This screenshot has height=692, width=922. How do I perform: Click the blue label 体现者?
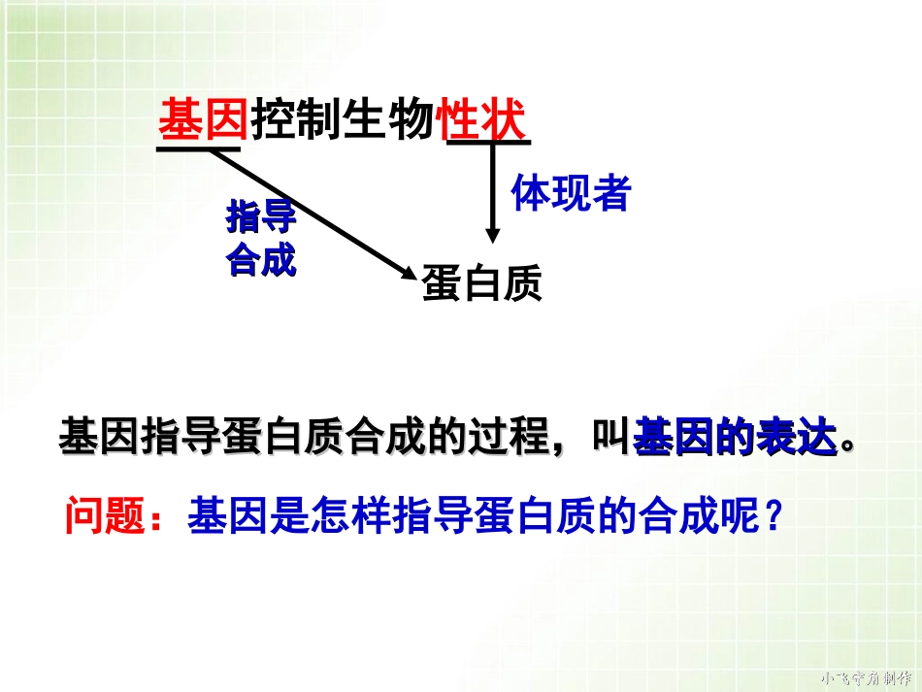click(x=571, y=194)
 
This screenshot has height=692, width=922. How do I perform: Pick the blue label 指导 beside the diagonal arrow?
click(x=260, y=218)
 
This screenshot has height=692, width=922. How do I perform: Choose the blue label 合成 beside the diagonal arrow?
click(x=260, y=260)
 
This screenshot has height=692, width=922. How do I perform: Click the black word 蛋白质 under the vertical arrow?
click(x=481, y=284)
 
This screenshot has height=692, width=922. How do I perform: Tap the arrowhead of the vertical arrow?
click(x=493, y=235)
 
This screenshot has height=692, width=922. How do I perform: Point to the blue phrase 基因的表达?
click(x=735, y=439)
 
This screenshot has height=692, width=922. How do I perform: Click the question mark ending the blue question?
click(x=773, y=515)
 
